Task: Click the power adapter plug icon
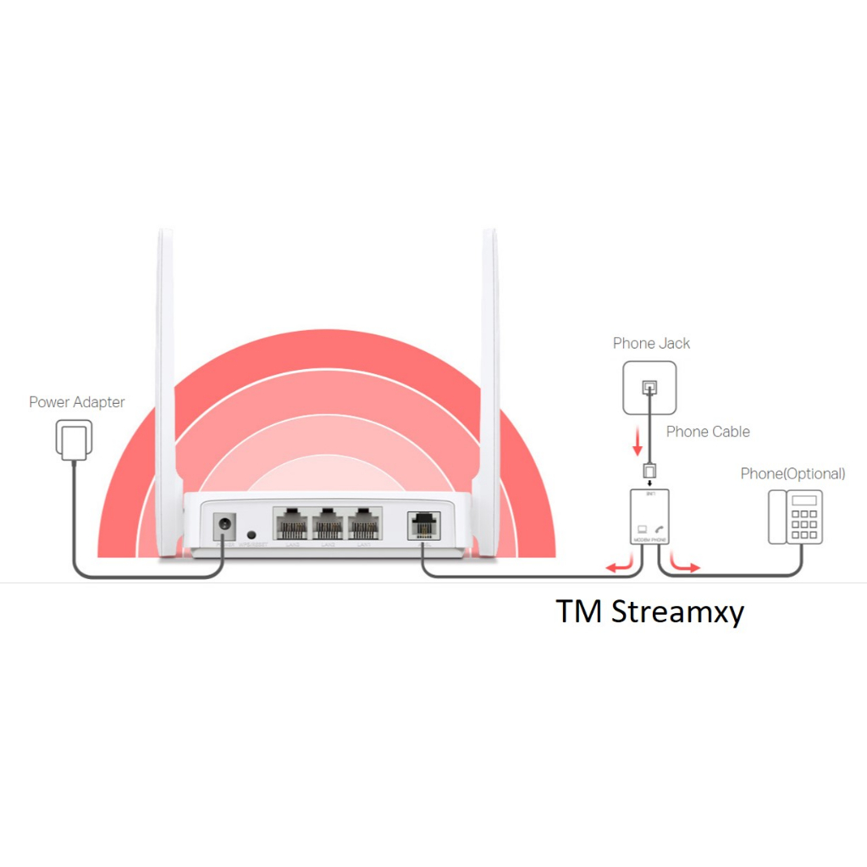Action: point(74,440)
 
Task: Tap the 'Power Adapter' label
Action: point(76,402)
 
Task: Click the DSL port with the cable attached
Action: point(422,526)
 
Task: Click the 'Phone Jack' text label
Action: point(651,343)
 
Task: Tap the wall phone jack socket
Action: point(649,388)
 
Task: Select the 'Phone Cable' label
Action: point(708,432)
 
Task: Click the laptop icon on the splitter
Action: point(641,529)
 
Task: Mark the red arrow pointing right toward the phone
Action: point(685,565)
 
